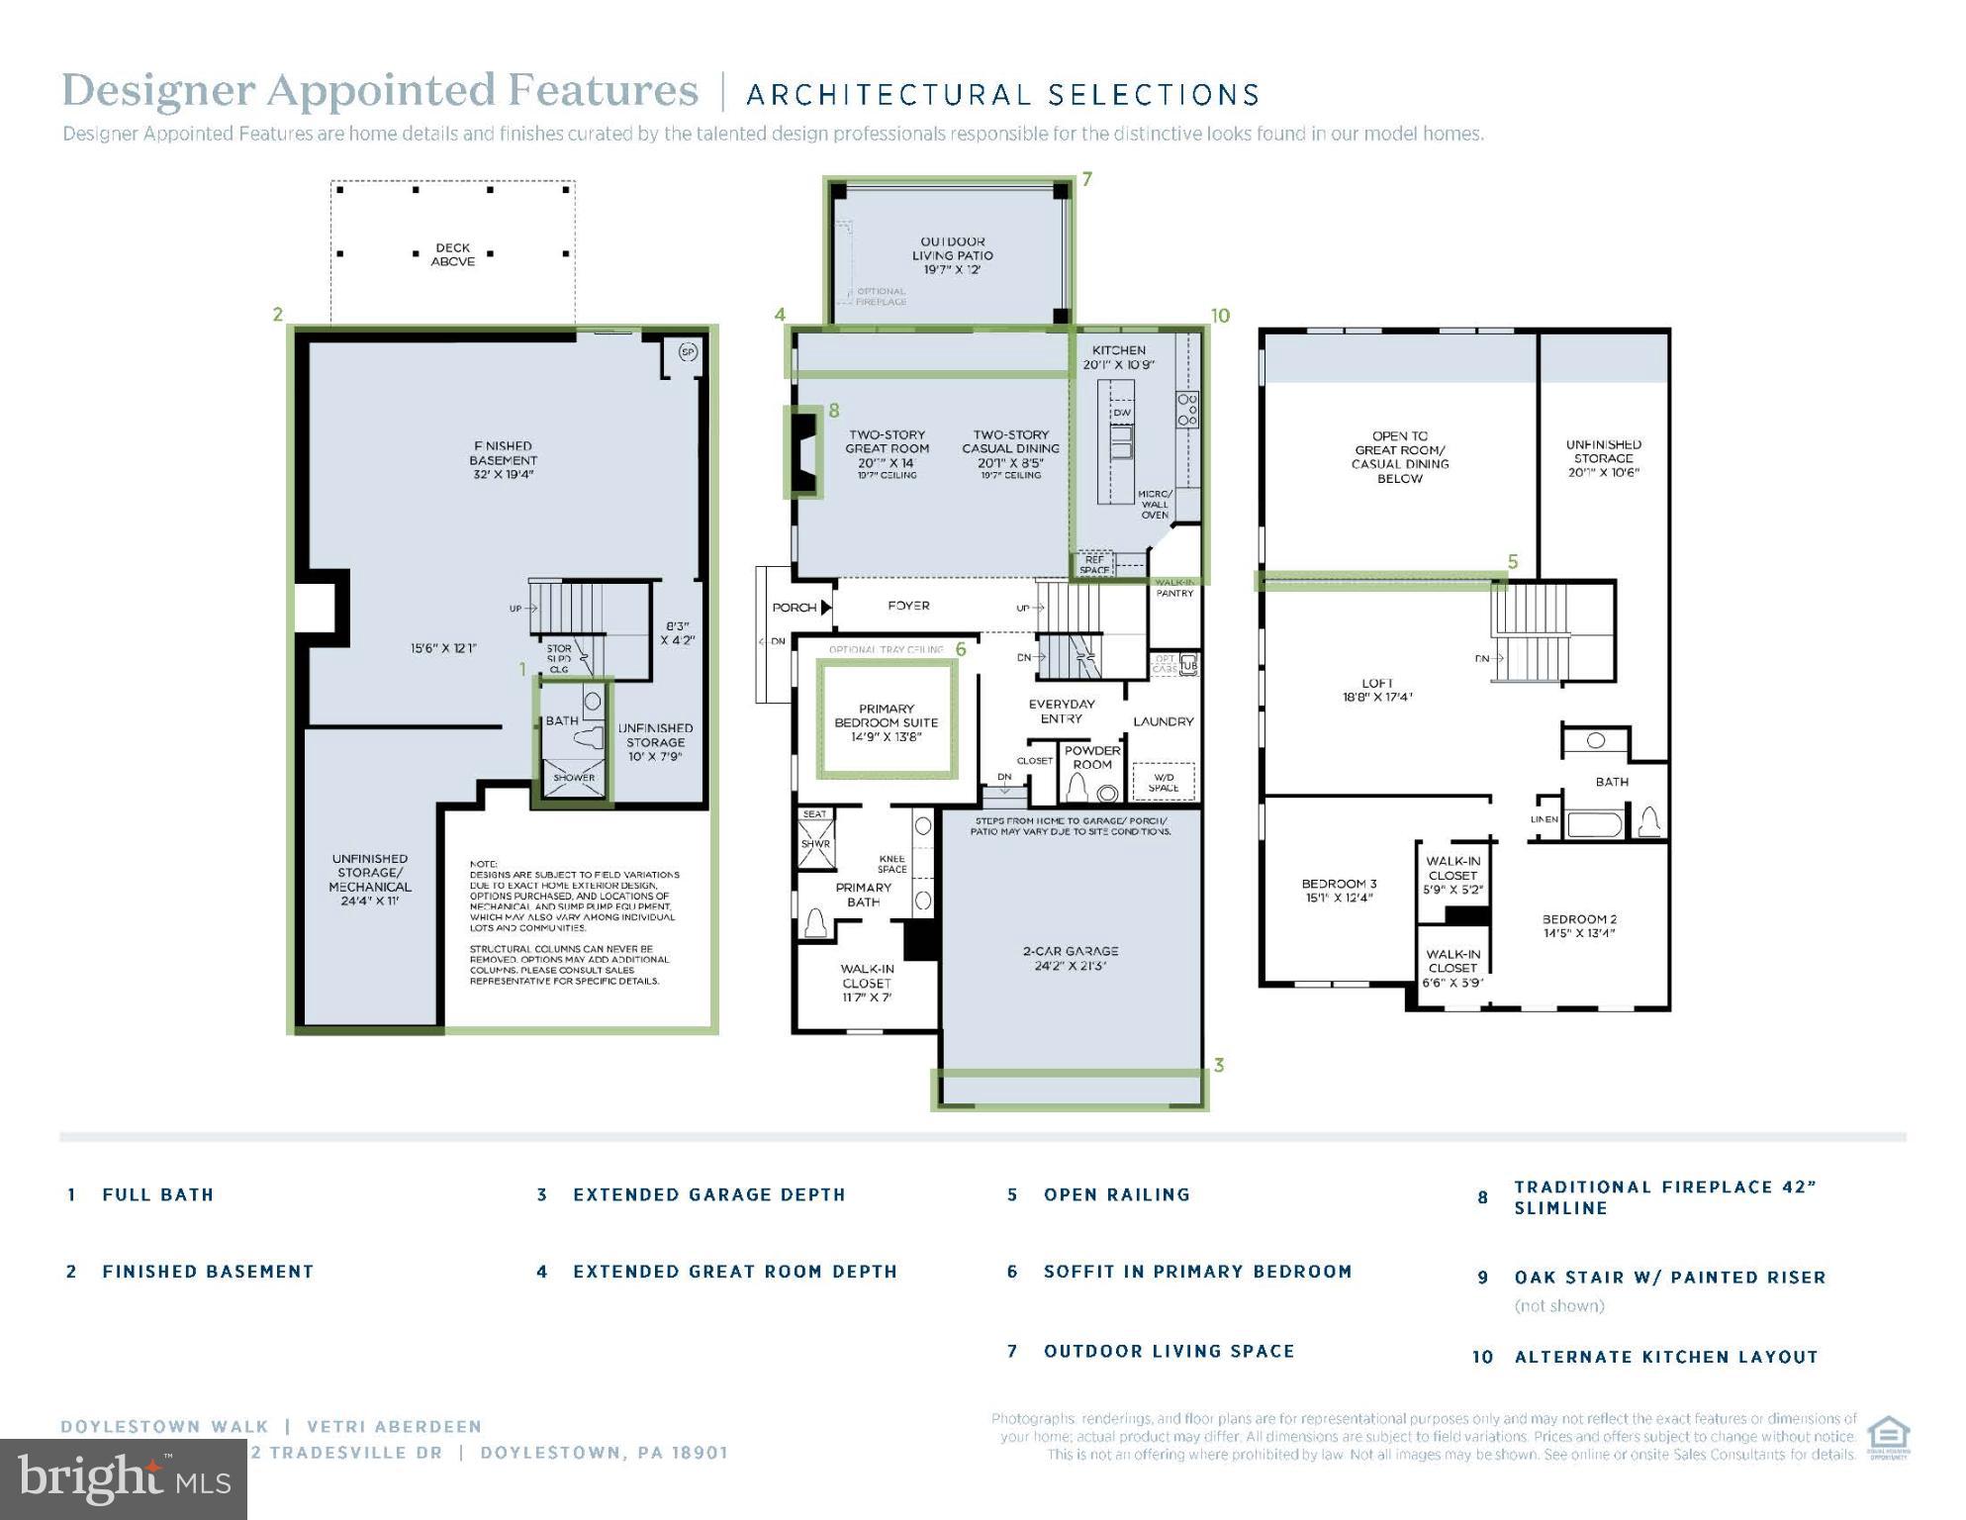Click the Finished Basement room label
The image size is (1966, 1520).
click(x=503, y=460)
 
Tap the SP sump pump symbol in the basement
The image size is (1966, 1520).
click(x=688, y=352)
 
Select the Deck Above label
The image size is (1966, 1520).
click(x=453, y=255)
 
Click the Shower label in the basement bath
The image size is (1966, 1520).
click(x=574, y=778)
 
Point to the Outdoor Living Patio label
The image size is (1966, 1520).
click(x=952, y=255)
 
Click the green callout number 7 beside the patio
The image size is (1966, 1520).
click(x=1086, y=179)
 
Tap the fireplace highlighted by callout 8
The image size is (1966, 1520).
click(x=805, y=453)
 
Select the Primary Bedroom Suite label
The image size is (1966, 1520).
click(x=887, y=722)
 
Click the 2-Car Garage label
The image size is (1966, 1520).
click(x=1071, y=958)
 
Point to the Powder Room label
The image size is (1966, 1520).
click(x=1092, y=757)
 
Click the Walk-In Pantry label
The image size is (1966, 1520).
click(x=1174, y=588)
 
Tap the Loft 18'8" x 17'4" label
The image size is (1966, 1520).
click(x=1376, y=690)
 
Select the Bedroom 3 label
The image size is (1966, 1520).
click(x=1339, y=891)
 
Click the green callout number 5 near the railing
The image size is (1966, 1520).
click(x=1512, y=562)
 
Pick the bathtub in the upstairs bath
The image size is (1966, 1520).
click(x=1593, y=824)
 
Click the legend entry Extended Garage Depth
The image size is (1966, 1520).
click(x=708, y=1194)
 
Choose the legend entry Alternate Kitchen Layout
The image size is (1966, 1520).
click(x=1666, y=1357)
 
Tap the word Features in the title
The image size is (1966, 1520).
click(x=603, y=91)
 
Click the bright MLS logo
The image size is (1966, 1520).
click(x=124, y=1479)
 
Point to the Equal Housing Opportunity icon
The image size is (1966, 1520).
click(x=1888, y=1438)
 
